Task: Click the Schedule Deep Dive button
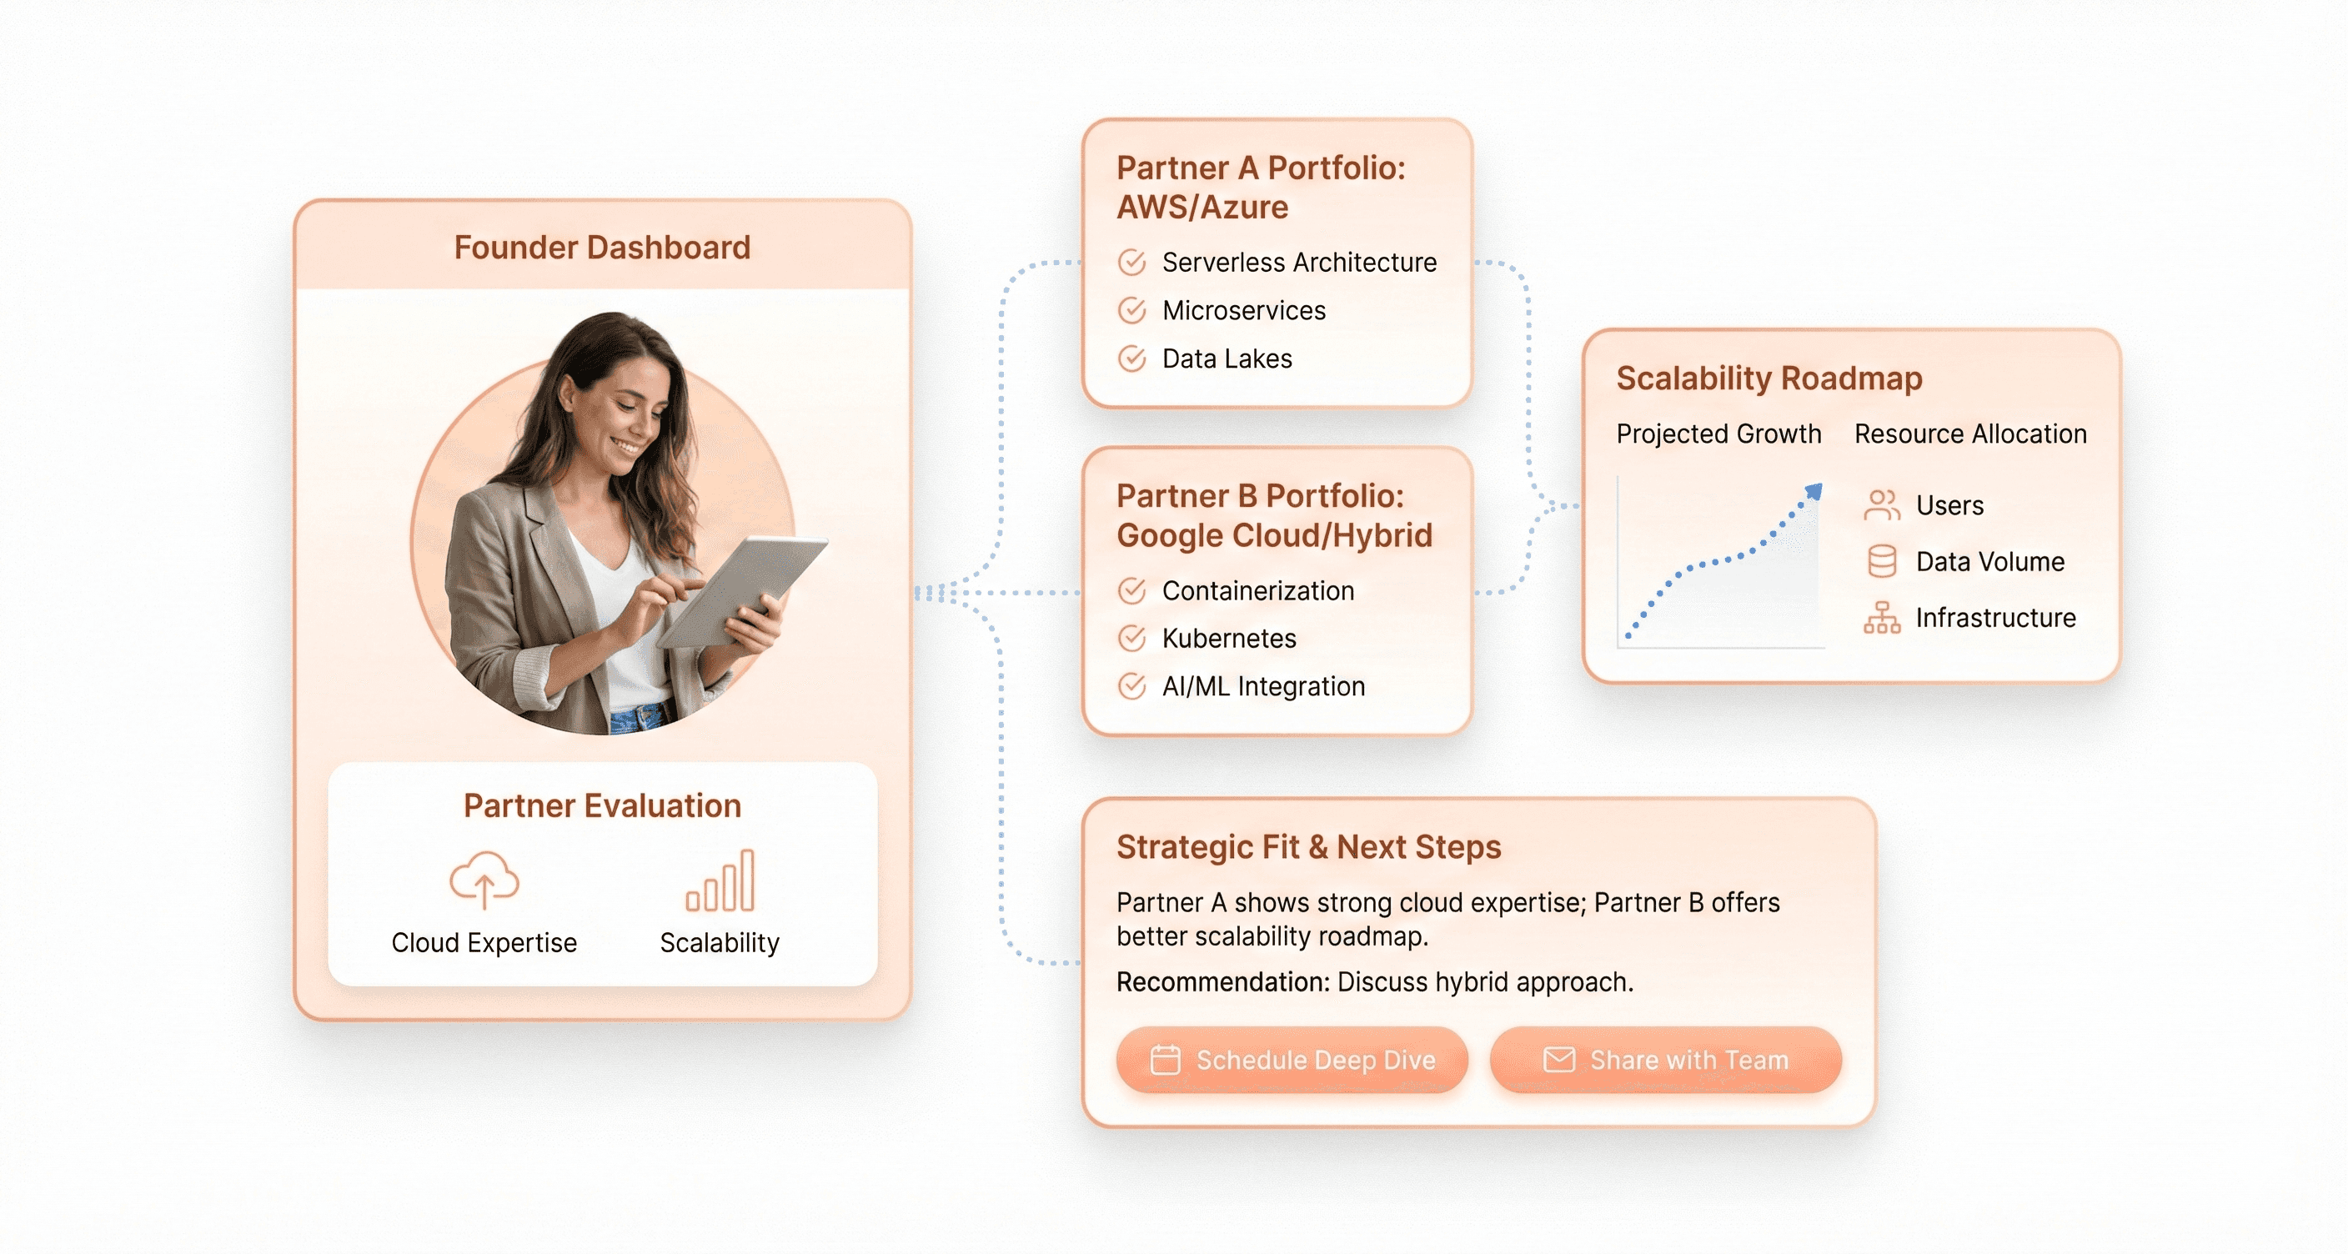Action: pos(1292,1060)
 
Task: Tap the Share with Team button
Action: pos(1665,1060)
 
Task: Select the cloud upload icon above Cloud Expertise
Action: pos(484,880)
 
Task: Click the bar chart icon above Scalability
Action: pos(720,880)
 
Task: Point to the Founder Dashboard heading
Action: pos(601,247)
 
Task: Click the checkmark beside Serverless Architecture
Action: pos(1132,263)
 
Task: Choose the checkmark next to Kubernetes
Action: pos(1132,638)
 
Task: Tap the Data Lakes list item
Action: pos(1227,359)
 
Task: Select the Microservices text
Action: pos(1243,311)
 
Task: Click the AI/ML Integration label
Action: pos(1263,686)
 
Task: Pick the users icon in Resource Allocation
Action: pos(1882,505)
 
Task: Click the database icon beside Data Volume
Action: pos(1882,561)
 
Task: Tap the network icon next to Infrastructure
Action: pos(1882,618)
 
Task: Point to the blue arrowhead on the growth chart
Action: pos(1814,491)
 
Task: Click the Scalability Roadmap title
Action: pos(1769,379)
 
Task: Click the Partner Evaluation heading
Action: pos(601,805)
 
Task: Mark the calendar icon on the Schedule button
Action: pos(1165,1060)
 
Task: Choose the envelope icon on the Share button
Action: pos(1558,1060)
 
